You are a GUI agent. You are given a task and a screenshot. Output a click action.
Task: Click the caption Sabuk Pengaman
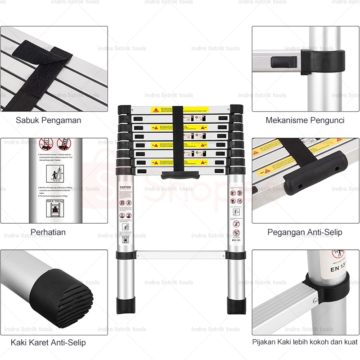click(x=49, y=120)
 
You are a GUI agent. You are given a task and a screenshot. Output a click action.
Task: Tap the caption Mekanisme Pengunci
click(x=305, y=120)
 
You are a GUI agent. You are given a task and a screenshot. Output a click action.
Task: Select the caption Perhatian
click(x=48, y=232)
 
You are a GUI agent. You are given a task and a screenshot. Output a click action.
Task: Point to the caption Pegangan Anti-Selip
click(x=305, y=232)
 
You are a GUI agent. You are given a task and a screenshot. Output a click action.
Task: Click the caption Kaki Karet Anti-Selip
click(x=48, y=342)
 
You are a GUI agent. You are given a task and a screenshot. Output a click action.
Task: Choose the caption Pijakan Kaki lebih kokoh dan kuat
click(x=305, y=342)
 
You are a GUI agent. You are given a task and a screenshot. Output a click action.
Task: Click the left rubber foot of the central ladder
click(x=126, y=305)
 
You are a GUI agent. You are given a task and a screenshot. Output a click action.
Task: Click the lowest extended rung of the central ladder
click(x=180, y=255)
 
